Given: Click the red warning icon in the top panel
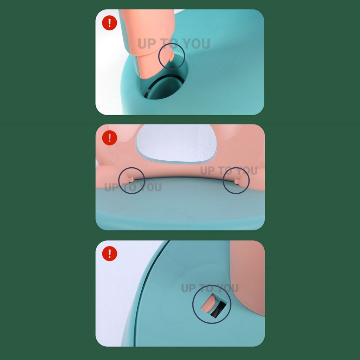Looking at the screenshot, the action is (110, 23).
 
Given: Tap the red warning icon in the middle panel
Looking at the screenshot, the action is (110, 138).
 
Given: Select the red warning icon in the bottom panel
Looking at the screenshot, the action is (110, 253).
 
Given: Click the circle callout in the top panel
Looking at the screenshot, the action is (172, 43).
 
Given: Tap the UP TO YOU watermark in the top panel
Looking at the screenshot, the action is (174, 44).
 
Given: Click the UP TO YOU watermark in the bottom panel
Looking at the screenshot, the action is (210, 288).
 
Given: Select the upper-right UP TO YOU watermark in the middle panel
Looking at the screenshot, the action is (229, 171).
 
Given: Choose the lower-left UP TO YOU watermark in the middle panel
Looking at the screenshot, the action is (133, 187).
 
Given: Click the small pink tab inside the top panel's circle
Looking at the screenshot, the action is (171, 57).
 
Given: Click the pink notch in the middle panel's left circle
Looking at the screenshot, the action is (131, 180).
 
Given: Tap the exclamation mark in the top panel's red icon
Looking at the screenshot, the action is (110, 23).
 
